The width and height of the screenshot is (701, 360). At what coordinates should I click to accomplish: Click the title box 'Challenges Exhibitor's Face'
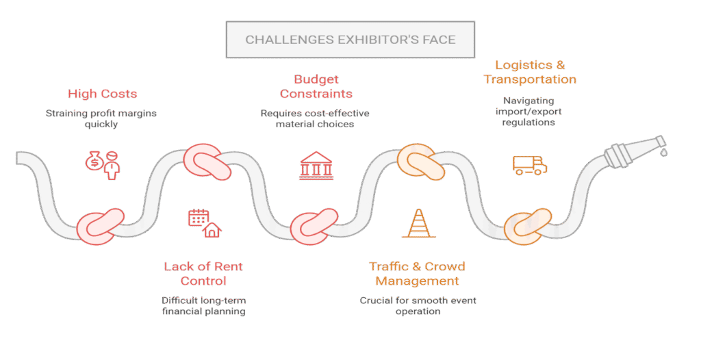pos(350,40)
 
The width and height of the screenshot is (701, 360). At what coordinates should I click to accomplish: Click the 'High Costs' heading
pos(102,94)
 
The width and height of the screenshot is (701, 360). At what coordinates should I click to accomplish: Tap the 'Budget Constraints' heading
pos(316,86)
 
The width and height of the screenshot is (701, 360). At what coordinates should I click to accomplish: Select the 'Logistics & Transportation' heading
pos(530,72)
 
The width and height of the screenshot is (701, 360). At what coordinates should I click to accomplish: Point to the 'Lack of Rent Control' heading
pos(203,273)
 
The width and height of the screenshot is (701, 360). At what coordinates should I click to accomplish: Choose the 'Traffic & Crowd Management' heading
pos(417,273)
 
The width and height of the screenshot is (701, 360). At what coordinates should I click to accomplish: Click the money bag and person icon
pos(102,164)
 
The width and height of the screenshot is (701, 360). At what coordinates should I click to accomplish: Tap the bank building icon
pos(317,164)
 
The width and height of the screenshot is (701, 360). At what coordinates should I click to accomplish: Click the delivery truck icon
pos(530,166)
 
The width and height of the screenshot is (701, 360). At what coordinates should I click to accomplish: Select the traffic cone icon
pos(418,222)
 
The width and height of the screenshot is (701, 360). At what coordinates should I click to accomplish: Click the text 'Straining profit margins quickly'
pos(101,118)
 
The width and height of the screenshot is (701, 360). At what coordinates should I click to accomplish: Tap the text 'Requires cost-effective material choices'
pos(316,118)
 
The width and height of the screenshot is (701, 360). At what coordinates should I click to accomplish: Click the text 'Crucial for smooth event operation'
pos(418,305)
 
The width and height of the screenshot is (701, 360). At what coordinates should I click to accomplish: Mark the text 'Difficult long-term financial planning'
pos(203,305)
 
